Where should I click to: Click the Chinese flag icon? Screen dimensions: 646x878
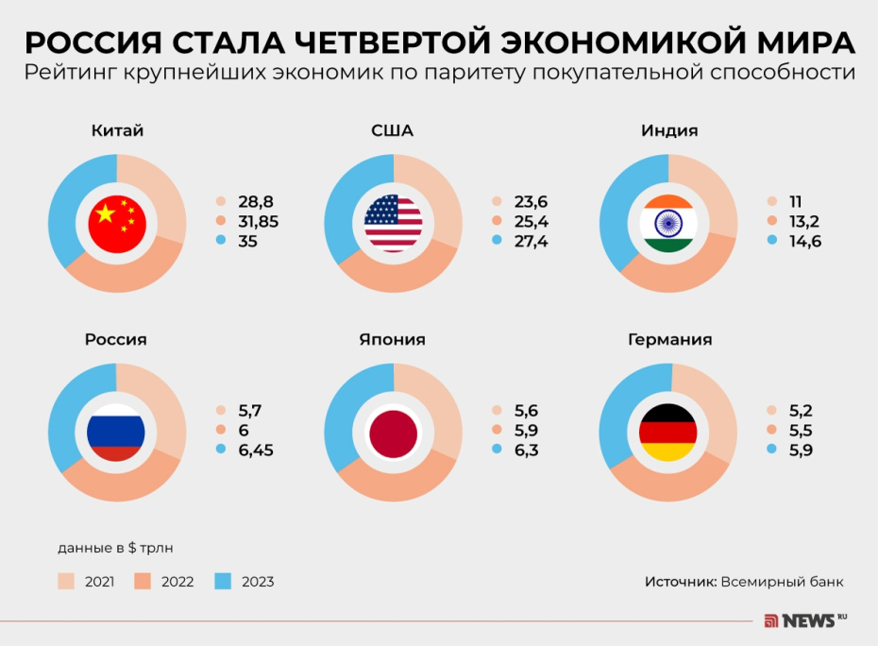click(x=117, y=224)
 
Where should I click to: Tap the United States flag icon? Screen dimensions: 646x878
click(x=394, y=224)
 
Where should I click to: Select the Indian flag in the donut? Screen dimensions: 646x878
click(x=668, y=224)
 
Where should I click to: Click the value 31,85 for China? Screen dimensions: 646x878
click(x=259, y=221)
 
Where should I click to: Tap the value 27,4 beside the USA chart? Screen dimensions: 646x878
click(x=532, y=241)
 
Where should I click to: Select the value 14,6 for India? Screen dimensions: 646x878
click(x=805, y=241)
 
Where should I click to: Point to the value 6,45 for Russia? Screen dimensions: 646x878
click(x=256, y=450)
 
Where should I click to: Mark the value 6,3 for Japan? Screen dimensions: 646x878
click(x=526, y=450)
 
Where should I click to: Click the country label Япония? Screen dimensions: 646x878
click(x=392, y=339)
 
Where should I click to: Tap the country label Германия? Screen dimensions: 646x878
click(x=669, y=339)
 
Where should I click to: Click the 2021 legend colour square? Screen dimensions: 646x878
click(x=66, y=581)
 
